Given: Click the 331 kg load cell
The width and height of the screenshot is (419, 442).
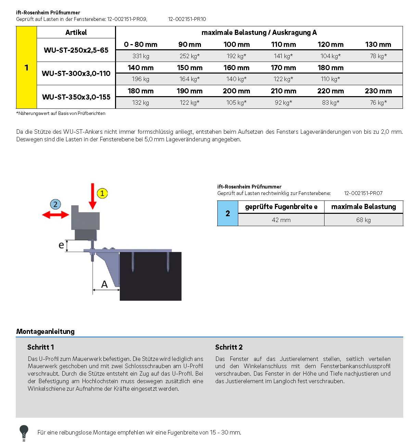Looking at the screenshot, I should click(x=141, y=56).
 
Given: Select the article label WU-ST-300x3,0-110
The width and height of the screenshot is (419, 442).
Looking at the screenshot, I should click(x=76, y=74).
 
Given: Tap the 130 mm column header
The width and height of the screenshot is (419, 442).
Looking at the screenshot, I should click(x=378, y=44).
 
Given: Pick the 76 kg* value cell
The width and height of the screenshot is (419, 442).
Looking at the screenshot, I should click(x=378, y=103).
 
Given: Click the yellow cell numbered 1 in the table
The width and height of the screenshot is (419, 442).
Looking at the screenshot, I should click(x=26, y=68).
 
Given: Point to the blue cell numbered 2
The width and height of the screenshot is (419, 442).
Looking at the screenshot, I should click(x=228, y=213).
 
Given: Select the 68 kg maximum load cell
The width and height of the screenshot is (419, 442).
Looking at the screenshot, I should click(x=364, y=220).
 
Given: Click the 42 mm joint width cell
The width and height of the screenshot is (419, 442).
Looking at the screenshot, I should click(x=281, y=220).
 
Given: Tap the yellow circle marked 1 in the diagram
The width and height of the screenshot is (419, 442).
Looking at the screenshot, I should click(x=102, y=193).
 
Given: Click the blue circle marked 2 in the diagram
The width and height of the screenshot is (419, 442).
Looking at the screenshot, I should click(x=55, y=205).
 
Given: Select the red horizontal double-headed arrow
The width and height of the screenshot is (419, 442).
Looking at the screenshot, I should click(x=55, y=215).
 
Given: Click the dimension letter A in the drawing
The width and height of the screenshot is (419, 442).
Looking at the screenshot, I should click(x=104, y=284).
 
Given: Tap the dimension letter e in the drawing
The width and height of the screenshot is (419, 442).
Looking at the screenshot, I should click(x=61, y=245).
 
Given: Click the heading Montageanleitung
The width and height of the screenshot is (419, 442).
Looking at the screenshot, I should click(x=45, y=331).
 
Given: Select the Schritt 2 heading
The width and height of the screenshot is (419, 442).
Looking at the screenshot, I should click(x=229, y=347).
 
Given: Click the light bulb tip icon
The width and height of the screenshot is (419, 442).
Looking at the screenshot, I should click(x=24, y=432).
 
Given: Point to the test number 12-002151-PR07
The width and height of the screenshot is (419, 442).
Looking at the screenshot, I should click(x=363, y=193).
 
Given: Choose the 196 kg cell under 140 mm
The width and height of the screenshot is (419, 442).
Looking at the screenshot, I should click(x=141, y=79).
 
